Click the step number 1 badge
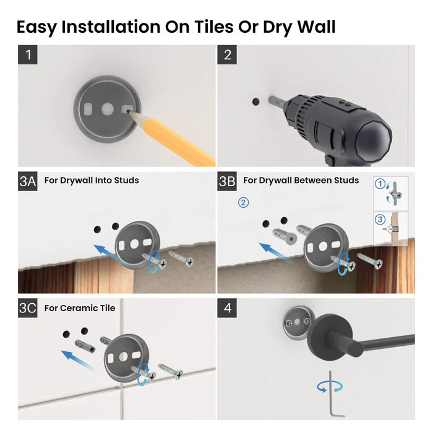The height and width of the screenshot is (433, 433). coord(28,54)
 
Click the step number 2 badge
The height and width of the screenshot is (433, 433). coord(227,54)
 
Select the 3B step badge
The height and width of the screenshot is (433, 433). coord(228,181)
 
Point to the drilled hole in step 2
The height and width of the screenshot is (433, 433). coord(255,100)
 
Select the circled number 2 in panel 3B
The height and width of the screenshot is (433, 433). coord(244,202)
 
